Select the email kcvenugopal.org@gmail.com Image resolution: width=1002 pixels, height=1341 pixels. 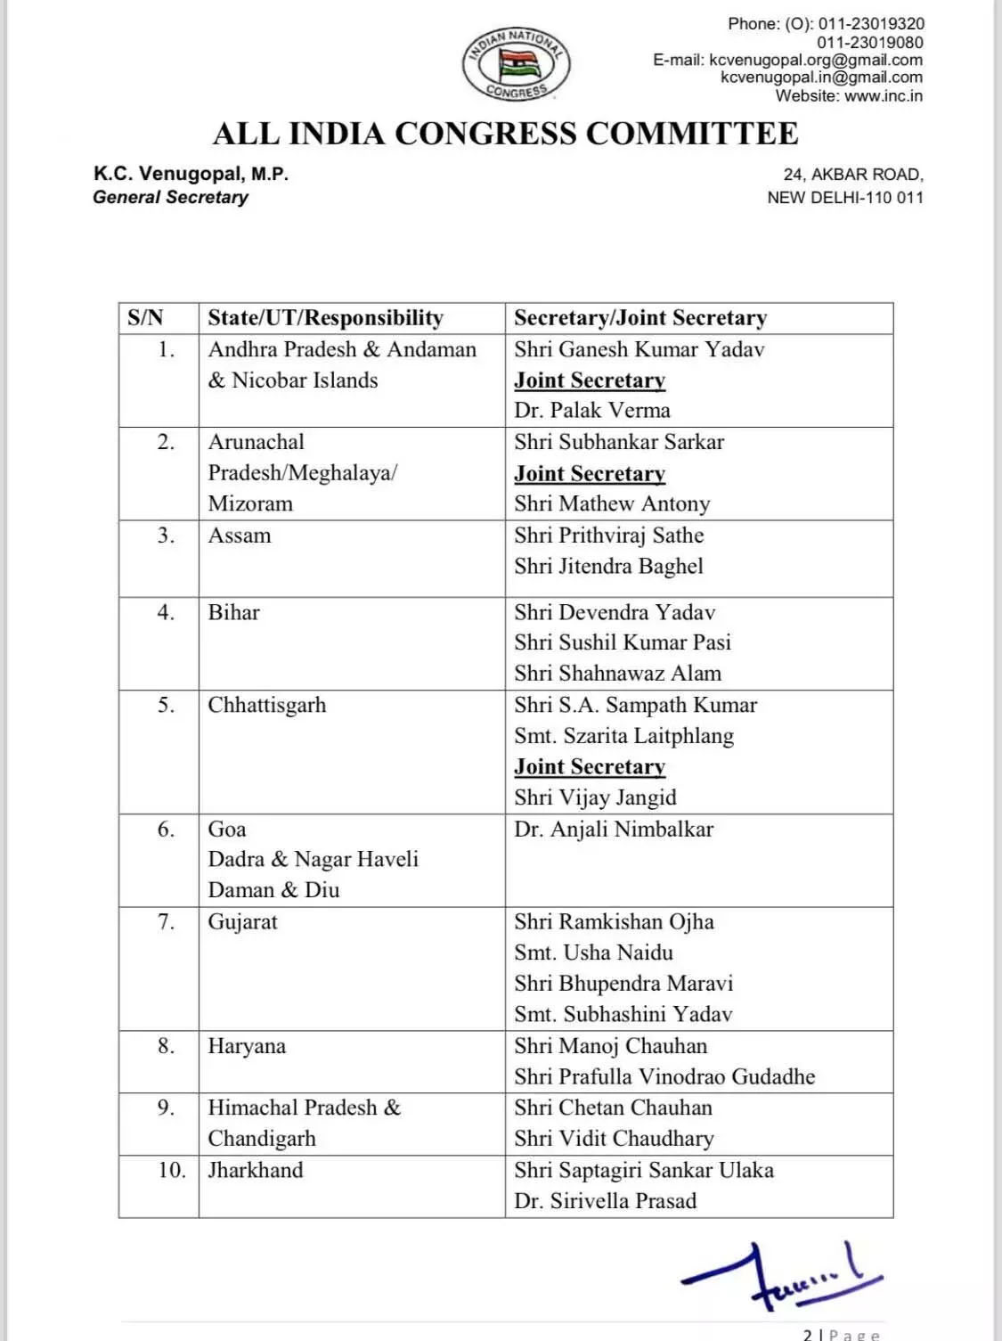[815, 60]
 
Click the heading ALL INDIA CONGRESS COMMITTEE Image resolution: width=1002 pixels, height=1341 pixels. [505, 134]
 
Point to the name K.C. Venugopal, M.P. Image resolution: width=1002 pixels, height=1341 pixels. [191, 174]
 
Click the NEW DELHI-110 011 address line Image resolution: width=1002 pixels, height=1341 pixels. [844, 198]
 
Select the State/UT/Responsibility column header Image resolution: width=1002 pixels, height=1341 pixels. [325, 318]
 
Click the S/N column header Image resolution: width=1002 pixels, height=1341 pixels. [145, 318]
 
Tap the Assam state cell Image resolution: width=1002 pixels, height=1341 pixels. [239, 536]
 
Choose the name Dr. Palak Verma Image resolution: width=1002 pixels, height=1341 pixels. [591, 411]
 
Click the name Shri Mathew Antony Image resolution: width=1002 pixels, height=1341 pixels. [612, 504]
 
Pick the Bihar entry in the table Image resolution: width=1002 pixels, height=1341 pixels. [233, 612]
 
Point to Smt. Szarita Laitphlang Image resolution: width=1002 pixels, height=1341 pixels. [623, 736]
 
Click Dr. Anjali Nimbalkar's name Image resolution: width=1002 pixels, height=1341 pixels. [614, 830]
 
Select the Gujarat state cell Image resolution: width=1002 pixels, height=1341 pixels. [242, 922]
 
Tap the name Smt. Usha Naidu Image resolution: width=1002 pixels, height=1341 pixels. [593, 953]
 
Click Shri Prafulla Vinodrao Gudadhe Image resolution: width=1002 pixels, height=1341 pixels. [664, 1077]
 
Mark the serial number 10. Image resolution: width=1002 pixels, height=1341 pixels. [171, 1170]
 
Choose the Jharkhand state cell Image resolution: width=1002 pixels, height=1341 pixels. [256, 1170]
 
